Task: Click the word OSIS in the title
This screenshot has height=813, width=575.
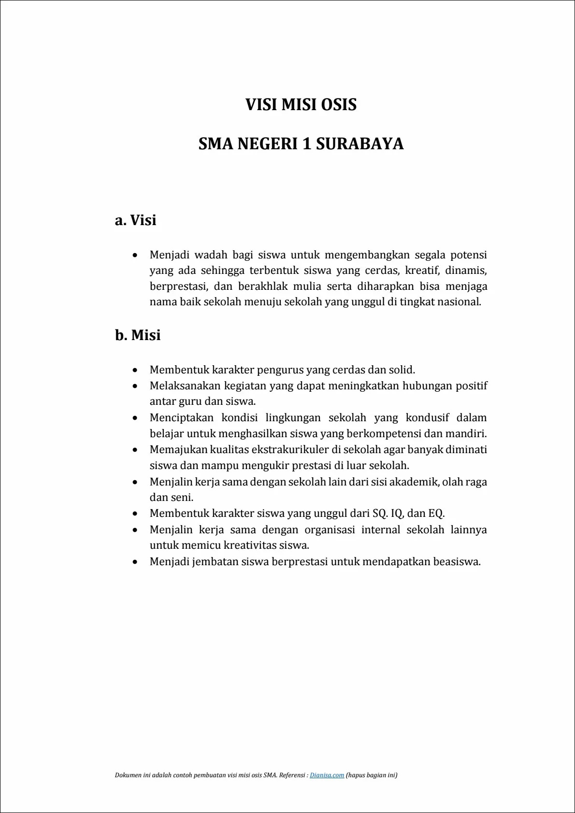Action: coord(339,105)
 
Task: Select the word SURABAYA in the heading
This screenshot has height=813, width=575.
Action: coord(360,144)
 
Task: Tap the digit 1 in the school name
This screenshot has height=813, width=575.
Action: coord(306,144)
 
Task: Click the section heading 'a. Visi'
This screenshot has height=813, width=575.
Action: coord(136,220)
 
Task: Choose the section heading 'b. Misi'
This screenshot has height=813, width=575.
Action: coord(138,335)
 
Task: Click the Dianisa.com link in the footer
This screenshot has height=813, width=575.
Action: coord(327,775)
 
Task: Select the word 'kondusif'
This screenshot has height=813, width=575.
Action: coord(427,418)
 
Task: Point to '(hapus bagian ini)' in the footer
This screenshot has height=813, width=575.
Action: coord(372,775)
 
